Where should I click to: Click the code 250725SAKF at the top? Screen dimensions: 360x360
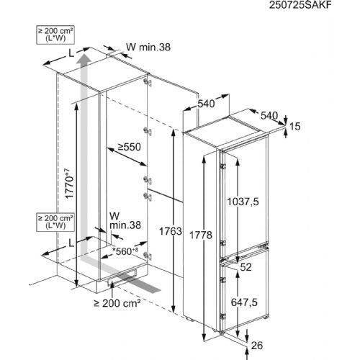click(300, 5)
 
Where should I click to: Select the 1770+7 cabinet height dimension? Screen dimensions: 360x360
click(69, 184)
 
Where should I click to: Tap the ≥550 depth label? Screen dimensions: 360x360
click(129, 147)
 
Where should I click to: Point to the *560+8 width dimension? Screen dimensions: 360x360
click(125, 251)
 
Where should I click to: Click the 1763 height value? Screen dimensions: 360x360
click(171, 231)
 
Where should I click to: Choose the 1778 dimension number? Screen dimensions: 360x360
click(201, 235)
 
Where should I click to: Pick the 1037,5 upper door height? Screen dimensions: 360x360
click(243, 202)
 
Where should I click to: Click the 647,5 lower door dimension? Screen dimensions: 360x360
click(244, 302)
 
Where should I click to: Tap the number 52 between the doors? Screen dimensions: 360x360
click(246, 267)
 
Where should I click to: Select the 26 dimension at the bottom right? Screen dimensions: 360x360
click(257, 346)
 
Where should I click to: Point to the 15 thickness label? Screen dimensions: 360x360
click(295, 126)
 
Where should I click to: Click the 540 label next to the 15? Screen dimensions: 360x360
click(269, 116)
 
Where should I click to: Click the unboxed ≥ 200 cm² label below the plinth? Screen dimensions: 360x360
click(117, 303)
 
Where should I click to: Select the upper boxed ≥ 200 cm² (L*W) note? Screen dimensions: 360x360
click(55, 35)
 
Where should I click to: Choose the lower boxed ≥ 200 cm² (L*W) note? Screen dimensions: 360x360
click(55, 222)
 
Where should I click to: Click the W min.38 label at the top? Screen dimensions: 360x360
click(148, 47)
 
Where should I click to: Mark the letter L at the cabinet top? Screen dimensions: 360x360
click(71, 54)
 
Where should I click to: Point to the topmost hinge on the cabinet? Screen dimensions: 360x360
click(148, 82)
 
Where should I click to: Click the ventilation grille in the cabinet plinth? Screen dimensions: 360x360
click(122, 278)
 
